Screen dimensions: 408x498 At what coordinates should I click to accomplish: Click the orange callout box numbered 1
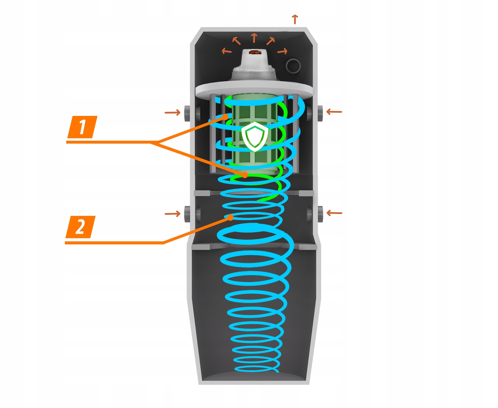tap(82, 127)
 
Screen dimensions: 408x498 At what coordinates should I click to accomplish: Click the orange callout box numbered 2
tap(80, 227)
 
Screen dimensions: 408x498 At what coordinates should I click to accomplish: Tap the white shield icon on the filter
tap(255, 136)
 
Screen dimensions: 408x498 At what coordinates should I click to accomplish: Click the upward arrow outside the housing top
tap(295, 19)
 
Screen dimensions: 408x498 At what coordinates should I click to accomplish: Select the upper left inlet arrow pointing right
tap(173, 112)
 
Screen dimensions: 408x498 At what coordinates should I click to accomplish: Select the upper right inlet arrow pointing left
tap(334, 112)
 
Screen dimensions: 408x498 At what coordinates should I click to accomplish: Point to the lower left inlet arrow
tap(173, 214)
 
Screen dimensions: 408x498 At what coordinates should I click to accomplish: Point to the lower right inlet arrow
tap(334, 213)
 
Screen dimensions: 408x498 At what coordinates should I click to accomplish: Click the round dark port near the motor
tap(293, 65)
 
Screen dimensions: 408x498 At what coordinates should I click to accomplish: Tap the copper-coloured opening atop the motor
tap(254, 52)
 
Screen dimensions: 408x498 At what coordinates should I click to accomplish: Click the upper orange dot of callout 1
tap(226, 117)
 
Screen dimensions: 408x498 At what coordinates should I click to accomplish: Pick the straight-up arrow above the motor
tap(254, 38)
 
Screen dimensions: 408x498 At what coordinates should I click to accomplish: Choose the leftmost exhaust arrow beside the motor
tap(227, 51)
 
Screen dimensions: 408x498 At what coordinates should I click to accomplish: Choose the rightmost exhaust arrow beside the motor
tap(282, 51)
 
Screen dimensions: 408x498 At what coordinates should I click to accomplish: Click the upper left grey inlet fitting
tap(187, 113)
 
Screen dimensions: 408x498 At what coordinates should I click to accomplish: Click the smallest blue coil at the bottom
tap(255, 369)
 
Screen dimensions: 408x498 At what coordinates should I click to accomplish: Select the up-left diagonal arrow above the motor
tap(236, 41)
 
